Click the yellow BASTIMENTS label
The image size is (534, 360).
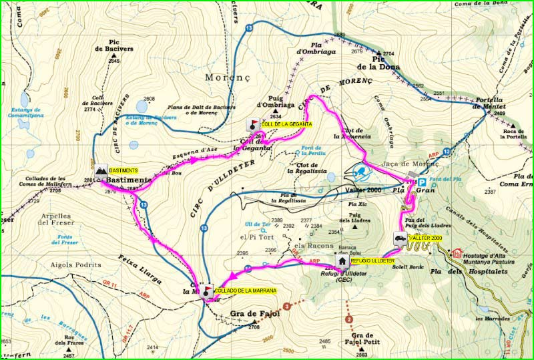coord(123,171)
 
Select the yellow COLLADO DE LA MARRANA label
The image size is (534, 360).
coord(244,291)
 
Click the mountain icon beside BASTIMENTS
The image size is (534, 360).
coord(101,171)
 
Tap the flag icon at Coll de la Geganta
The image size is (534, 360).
coord(253,125)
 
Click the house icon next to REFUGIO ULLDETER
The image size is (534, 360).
coord(342,261)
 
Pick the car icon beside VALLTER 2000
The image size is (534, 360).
coord(399,238)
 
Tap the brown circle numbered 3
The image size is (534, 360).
coord(286,307)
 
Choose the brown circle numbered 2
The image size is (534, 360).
coord(348,320)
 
